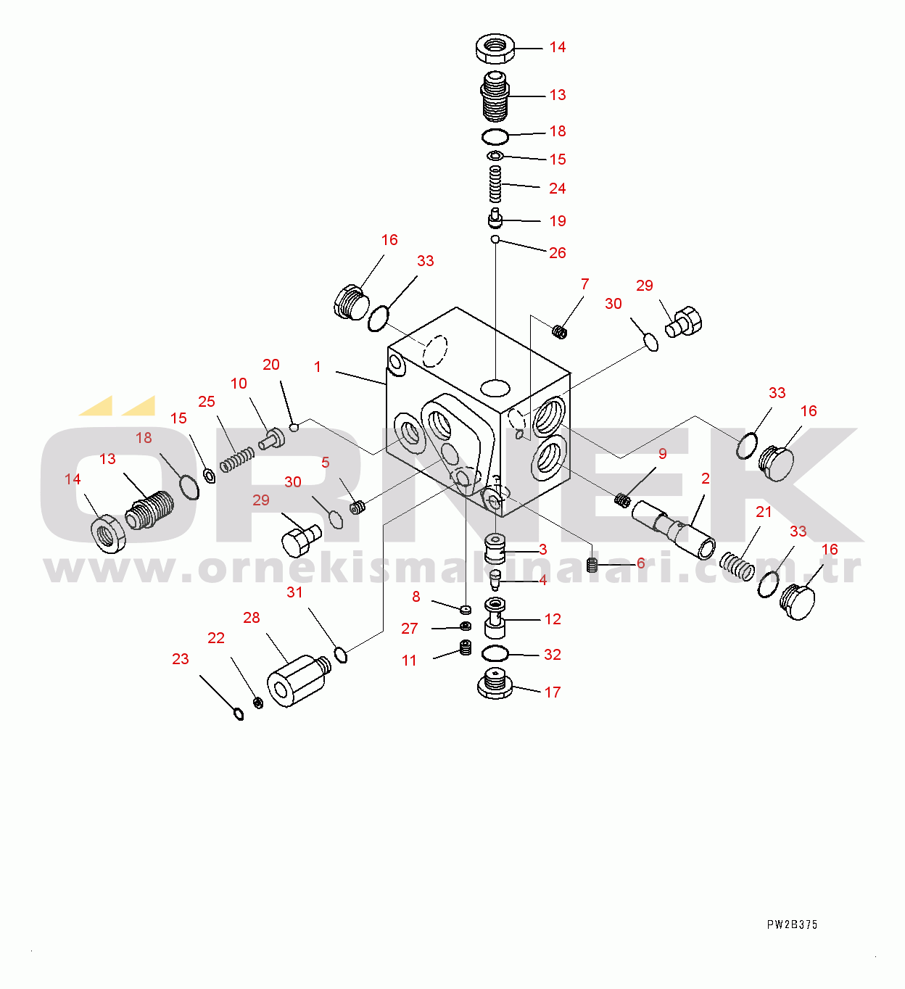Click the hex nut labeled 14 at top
495,49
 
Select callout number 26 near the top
557,253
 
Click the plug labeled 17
495,684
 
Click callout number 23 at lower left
181,659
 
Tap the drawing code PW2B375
792,924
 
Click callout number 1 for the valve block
318,368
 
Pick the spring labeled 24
495,184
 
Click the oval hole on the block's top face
495,387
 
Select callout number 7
584,284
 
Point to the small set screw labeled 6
592,564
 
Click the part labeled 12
495,617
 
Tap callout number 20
271,365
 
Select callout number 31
294,592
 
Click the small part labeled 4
496,580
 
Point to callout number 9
662,454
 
